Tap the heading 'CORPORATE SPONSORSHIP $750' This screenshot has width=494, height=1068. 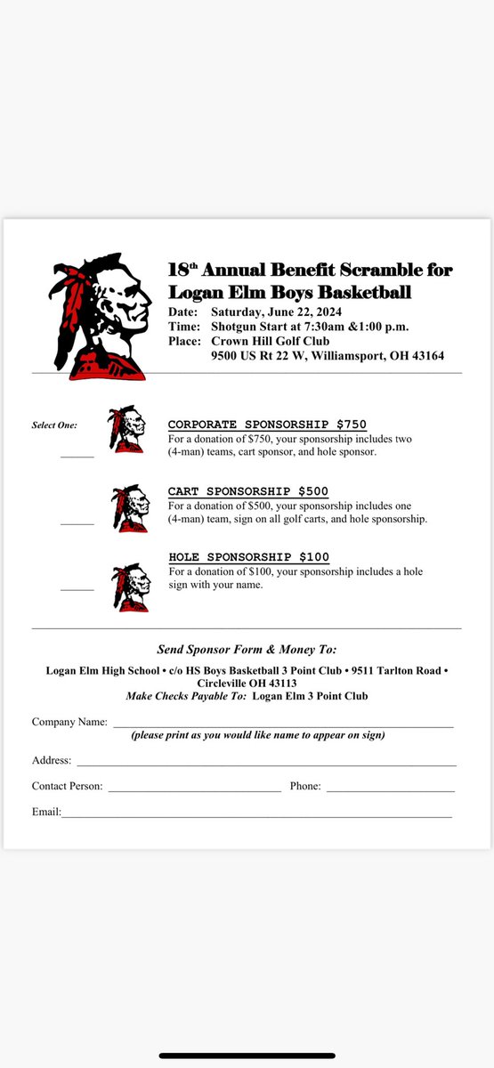(x=267, y=424)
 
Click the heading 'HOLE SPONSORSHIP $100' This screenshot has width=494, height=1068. (x=249, y=557)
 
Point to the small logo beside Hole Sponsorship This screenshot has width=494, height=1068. (x=130, y=586)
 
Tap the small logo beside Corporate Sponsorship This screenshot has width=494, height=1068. (x=126, y=429)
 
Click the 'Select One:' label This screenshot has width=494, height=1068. (x=54, y=425)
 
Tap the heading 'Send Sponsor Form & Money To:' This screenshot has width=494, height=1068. (x=247, y=650)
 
